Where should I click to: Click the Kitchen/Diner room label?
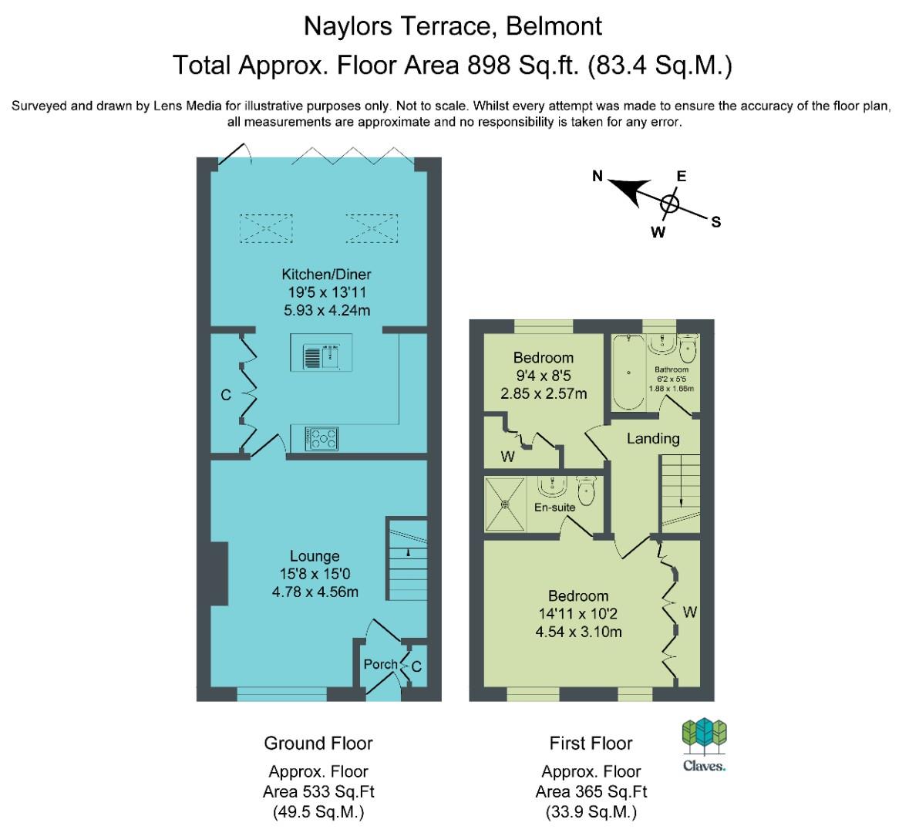326,275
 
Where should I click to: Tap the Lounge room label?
315,556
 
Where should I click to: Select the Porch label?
380,664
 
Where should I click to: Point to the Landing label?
653,439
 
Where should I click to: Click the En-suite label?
554,507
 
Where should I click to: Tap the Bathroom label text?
672,369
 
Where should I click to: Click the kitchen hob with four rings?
321,439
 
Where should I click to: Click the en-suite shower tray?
505,504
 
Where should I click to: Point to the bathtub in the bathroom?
628,373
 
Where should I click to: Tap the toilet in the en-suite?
587,490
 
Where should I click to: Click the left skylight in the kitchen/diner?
266,228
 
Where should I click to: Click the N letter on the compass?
598,176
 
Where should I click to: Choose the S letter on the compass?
715,222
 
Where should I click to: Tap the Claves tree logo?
704,737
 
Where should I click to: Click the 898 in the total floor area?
489,65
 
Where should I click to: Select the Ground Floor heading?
318,744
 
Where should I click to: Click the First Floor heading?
591,744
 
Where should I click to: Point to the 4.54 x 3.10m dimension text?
578,632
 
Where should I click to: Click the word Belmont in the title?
554,26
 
